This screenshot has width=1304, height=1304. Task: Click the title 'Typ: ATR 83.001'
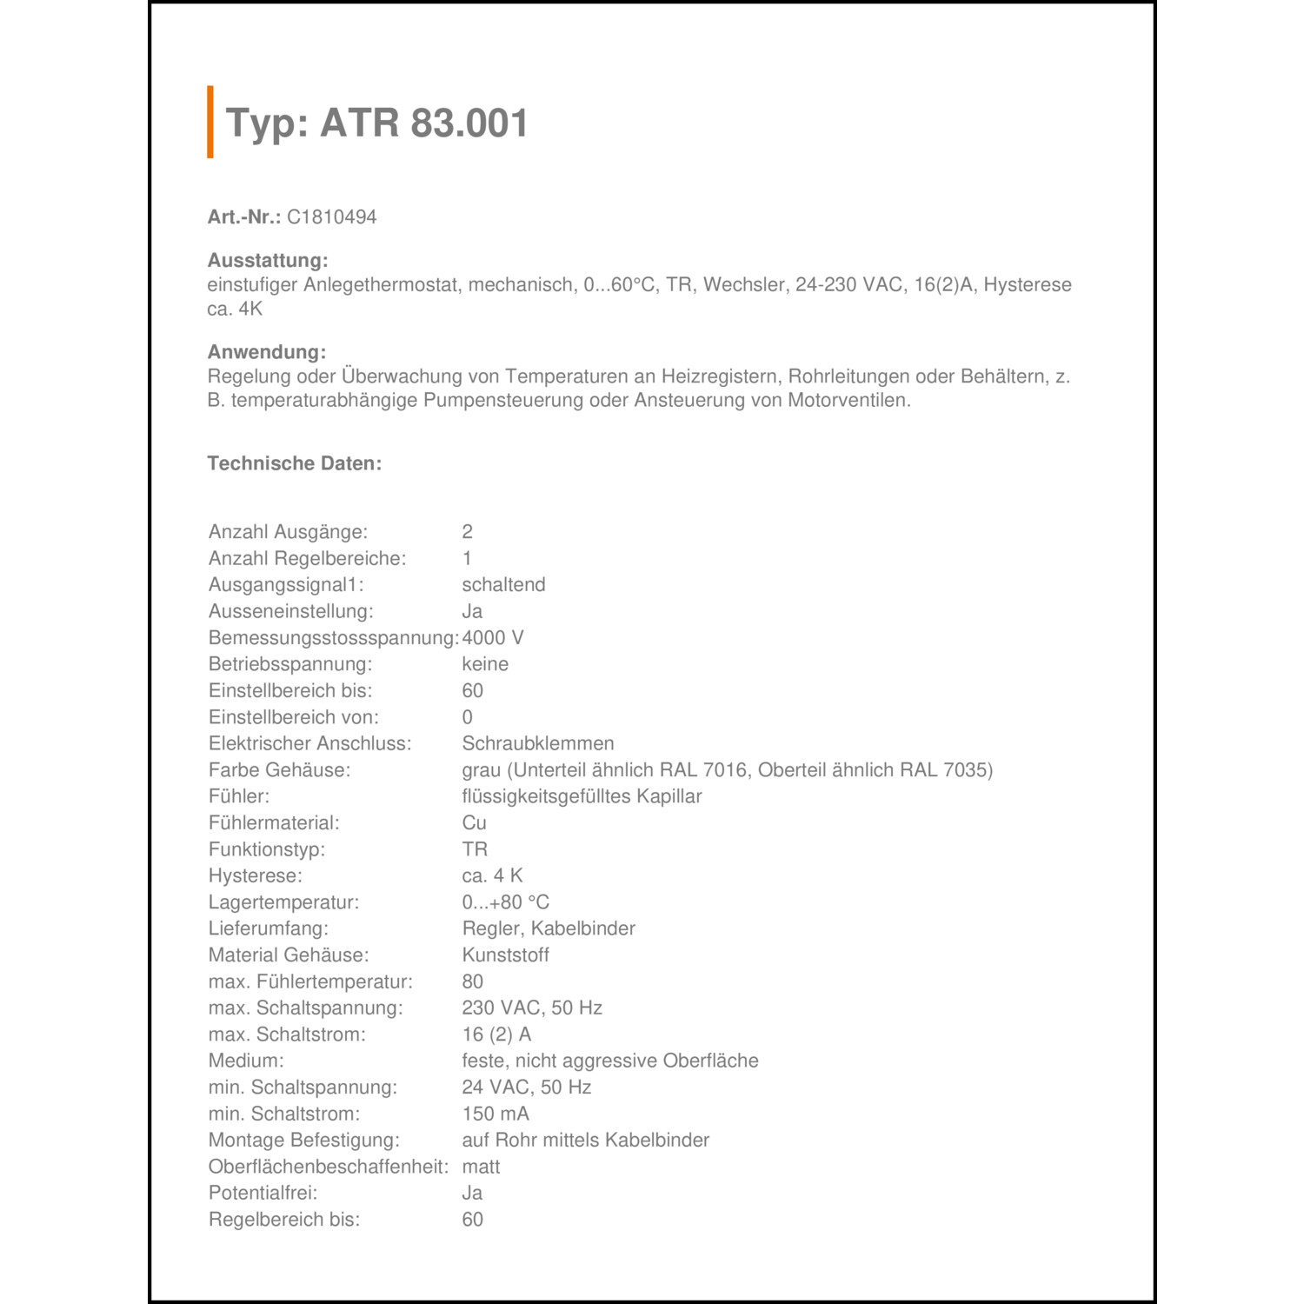[x=376, y=123]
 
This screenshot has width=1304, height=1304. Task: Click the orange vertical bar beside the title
[x=210, y=122]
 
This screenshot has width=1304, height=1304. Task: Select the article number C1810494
[x=331, y=217]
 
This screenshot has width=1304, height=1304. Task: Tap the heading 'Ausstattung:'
[x=268, y=261]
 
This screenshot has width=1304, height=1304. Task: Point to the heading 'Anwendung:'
[x=267, y=352]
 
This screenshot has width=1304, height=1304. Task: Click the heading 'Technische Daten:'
[x=295, y=463]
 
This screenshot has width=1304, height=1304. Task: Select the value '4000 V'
[x=493, y=638]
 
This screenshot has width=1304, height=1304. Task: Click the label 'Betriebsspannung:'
[x=290, y=664]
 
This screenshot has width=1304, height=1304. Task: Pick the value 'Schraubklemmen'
[x=538, y=743]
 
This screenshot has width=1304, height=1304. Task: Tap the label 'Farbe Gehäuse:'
[x=279, y=770]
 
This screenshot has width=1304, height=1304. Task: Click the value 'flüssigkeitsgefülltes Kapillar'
[x=582, y=796]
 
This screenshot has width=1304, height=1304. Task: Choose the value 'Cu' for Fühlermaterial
[x=474, y=822]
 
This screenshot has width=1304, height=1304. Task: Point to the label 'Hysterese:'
[x=256, y=875]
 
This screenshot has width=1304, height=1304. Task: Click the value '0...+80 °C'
[x=506, y=902]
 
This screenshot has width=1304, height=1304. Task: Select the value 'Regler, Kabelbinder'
[x=549, y=928]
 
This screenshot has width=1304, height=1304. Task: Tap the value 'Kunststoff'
[x=506, y=955]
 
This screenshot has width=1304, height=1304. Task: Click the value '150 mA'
[x=496, y=1114]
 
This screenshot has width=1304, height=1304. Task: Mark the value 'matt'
[x=481, y=1167]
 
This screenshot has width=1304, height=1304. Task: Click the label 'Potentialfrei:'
[x=263, y=1193]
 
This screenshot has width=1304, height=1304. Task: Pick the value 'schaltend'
[x=503, y=585]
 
